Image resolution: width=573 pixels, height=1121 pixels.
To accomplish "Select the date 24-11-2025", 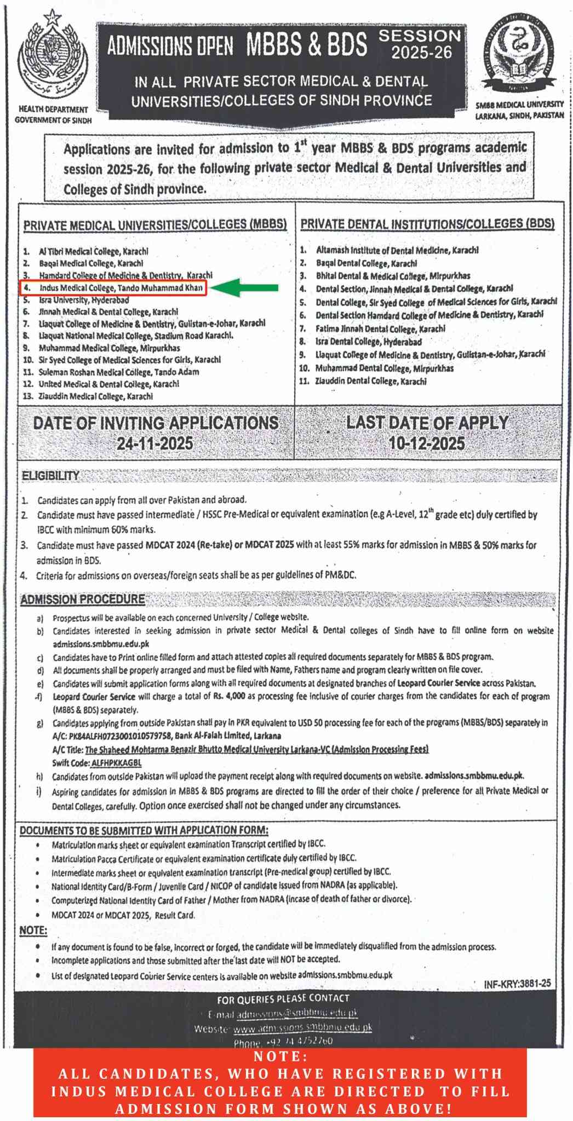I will [155, 443].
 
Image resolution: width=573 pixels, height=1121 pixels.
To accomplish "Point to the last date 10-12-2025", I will [427, 443].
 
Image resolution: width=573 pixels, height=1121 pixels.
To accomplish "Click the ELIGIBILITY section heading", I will [50, 476].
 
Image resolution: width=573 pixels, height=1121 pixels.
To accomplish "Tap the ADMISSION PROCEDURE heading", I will [83, 599].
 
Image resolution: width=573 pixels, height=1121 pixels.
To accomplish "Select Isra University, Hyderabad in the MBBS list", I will [84, 300].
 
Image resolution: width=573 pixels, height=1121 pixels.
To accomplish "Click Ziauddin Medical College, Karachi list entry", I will [96, 396].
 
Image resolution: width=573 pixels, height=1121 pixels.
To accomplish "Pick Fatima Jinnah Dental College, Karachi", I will [380, 328].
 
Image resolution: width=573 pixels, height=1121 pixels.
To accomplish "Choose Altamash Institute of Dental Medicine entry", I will [397, 250].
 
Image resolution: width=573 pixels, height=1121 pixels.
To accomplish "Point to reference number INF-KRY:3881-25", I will [517, 983].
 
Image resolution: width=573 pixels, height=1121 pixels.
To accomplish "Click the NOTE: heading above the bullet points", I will [33, 931].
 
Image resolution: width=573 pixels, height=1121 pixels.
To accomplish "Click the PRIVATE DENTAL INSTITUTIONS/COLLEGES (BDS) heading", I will [427, 223].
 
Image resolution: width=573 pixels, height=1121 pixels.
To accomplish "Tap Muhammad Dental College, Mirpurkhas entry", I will [384, 368].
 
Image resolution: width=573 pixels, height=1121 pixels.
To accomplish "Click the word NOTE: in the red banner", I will [280, 1056].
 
